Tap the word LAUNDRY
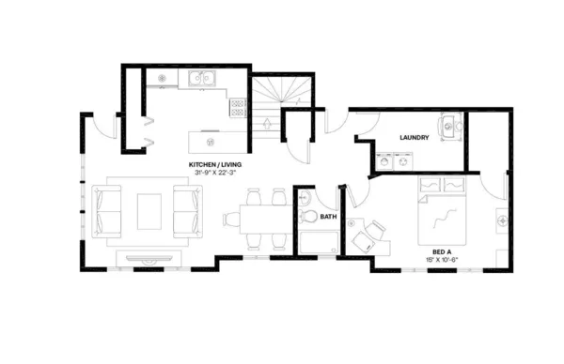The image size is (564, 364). (x=415, y=138)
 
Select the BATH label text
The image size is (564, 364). (x=328, y=217)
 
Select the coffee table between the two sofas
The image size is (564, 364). (x=149, y=211)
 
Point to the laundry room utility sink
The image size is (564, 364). (x=449, y=125)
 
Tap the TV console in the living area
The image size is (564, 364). (x=149, y=256)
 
